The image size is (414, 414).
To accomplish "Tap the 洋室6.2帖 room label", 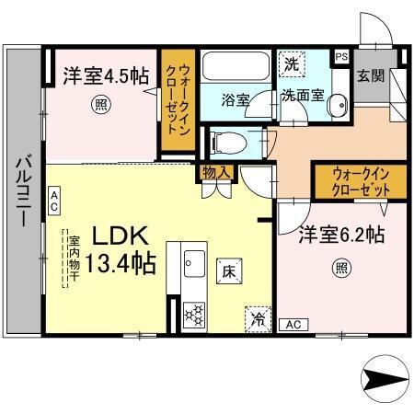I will [x=339, y=236].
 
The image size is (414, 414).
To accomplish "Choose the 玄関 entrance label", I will [x=370, y=75].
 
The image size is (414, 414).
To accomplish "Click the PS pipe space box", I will [x=341, y=55].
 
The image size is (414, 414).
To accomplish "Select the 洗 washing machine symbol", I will [x=290, y=64].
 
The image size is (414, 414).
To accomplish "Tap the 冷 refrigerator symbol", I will [x=258, y=319].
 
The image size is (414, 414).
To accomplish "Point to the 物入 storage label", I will [x=215, y=171].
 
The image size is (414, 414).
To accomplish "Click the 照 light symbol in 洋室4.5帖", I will [x=99, y=107].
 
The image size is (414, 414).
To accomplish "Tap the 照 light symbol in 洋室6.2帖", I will [x=340, y=269].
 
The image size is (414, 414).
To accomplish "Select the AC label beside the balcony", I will [x=54, y=197].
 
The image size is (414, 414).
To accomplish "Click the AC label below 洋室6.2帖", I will [x=294, y=325].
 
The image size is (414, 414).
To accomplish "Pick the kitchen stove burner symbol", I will [x=194, y=314].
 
